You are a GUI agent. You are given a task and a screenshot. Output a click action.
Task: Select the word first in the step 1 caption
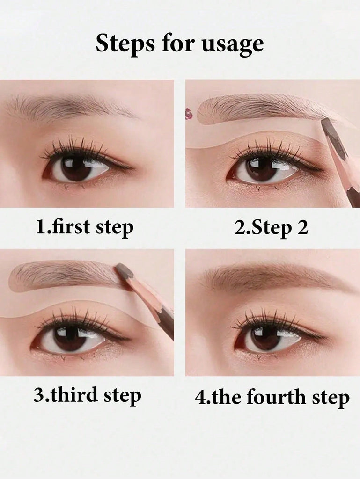tap(70, 227)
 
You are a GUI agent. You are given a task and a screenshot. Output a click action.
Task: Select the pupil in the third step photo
tap(68, 337)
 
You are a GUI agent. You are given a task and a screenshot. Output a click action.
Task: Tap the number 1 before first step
tap(40, 227)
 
